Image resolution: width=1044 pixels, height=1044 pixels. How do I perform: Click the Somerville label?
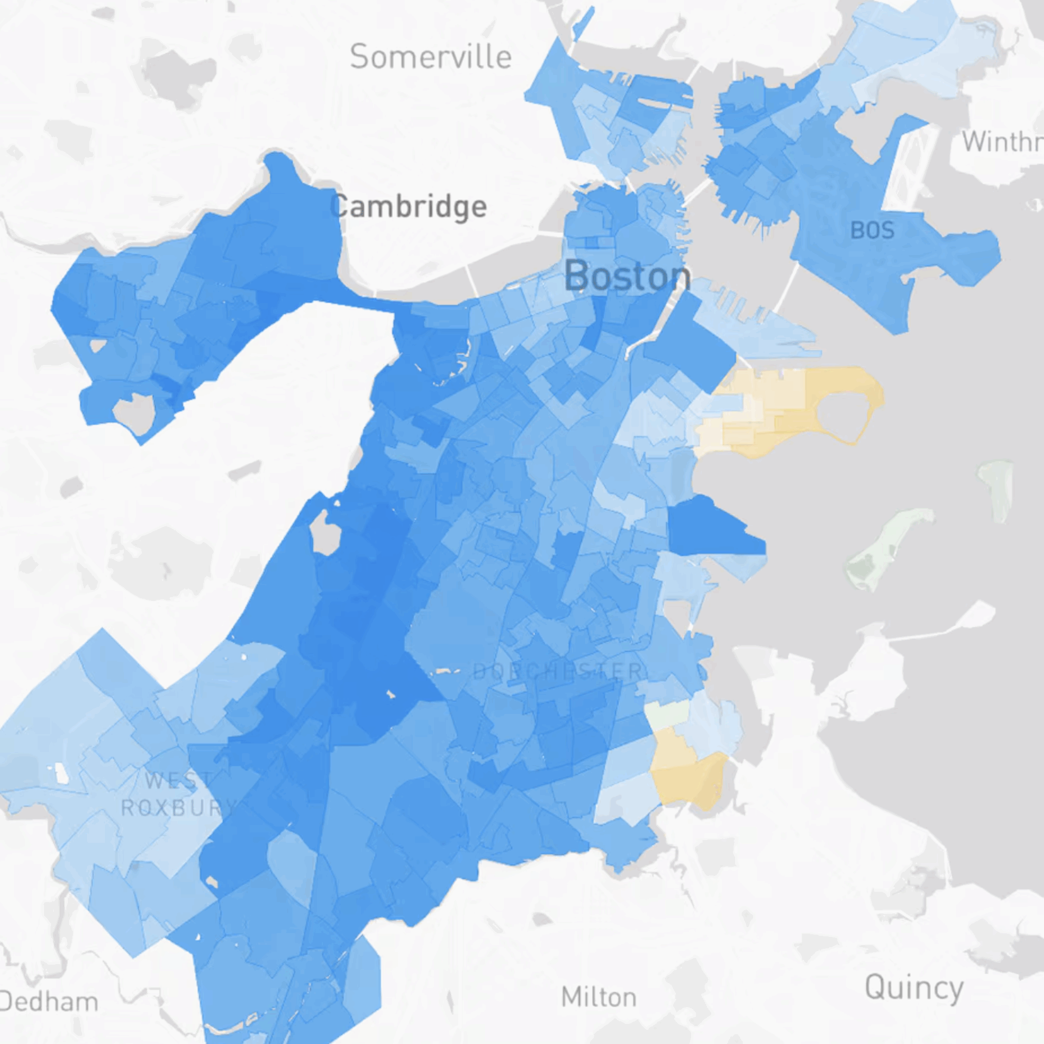(x=431, y=57)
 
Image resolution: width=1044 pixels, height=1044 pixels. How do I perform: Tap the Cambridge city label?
(x=409, y=207)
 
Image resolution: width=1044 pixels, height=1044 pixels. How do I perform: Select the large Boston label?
(x=627, y=276)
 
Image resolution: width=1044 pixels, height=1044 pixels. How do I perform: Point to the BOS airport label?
(x=872, y=231)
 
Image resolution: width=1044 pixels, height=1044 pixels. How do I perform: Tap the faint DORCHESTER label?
(x=558, y=672)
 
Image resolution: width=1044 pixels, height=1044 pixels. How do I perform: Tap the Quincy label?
(x=914, y=987)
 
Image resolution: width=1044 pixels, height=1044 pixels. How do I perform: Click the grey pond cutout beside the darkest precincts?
(x=326, y=533)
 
